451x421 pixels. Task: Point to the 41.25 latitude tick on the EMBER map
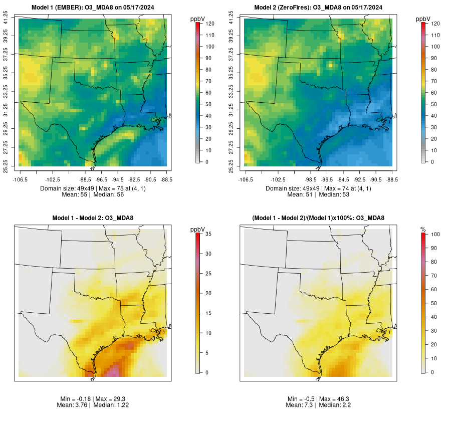pos(6,19)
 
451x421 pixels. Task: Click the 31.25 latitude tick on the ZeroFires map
pos(232,110)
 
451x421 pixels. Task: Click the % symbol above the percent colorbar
pos(423,229)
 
